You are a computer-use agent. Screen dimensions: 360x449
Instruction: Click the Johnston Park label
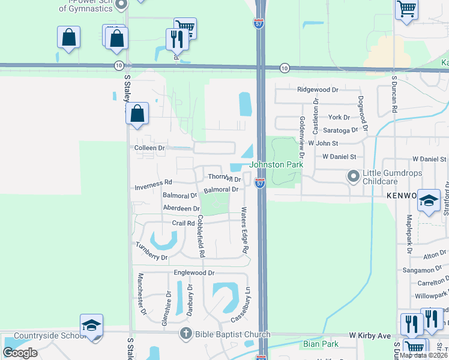(x=276, y=164)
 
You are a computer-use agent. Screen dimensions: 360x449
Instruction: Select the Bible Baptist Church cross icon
(x=186, y=334)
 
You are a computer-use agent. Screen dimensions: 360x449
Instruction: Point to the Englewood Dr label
(x=194, y=272)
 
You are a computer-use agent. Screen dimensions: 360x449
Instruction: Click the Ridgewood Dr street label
(x=318, y=89)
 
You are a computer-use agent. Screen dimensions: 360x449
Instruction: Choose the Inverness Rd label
(x=153, y=182)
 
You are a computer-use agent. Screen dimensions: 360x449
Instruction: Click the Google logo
(x=20, y=353)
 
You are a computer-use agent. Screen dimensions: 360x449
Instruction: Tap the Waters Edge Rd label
(x=245, y=230)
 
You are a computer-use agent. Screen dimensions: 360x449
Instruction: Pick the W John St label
(x=324, y=143)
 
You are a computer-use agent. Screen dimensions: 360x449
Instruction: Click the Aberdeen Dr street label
(x=181, y=208)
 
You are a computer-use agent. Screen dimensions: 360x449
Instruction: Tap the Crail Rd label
(x=184, y=223)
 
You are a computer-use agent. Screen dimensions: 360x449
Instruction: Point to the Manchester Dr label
(x=142, y=294)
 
